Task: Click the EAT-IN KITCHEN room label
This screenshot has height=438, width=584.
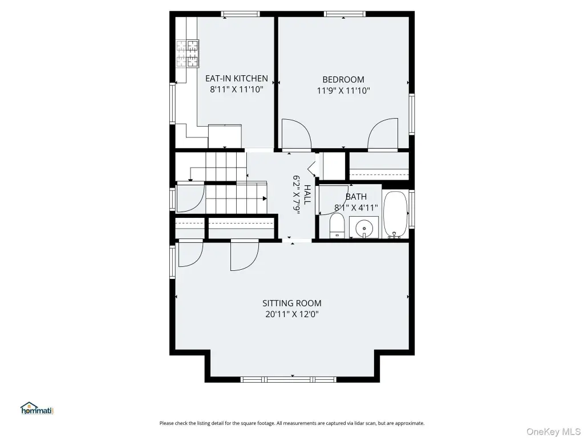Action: click(x=237, y=78)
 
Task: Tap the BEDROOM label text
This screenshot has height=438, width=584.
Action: click(x=343, y=79)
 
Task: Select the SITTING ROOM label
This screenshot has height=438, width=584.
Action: click(x=291, y=303)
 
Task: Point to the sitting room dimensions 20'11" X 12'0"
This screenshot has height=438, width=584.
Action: click(x=291, y=314)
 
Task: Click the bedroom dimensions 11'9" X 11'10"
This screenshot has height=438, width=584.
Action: click(x=343, y=91)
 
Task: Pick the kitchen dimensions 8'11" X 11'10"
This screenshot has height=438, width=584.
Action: click(x=237, y=90)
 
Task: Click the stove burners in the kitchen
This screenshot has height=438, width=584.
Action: click(x=187, y=54)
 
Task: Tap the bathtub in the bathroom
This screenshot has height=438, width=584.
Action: click(x=395, y=214)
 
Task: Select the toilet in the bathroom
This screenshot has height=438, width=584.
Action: click(x=337, y=226)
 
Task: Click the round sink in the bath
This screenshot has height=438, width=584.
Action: click(x=363, y=227)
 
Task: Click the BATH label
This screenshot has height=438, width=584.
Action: click(x=356, y=197)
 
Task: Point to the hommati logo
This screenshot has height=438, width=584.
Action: click(x=37, y=408)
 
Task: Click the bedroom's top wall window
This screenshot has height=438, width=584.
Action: click(x=344, y=14)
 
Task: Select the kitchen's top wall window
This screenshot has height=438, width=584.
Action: click(x=240, y=14)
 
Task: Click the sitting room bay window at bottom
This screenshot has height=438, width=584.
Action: click(x=289, y=379)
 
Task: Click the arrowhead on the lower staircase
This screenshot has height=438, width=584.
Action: click(x=265, y=198)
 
